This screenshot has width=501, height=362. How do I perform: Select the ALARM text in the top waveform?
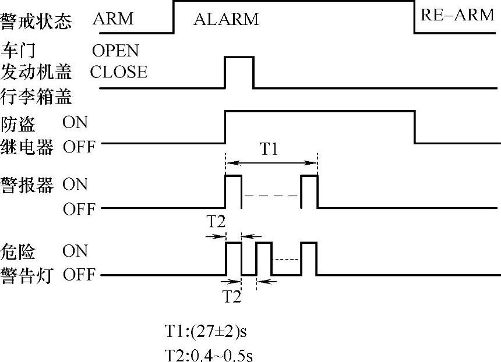(225, 19)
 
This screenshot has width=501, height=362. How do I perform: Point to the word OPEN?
(115, 51)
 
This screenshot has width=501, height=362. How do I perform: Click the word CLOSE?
(118, 72)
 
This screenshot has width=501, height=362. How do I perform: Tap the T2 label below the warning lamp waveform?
(232, 296)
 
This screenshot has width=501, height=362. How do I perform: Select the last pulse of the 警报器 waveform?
(309, 191)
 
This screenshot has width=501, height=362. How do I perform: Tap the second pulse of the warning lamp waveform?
(264, 258)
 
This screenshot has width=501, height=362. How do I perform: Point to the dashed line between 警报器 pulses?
(271, 197)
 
